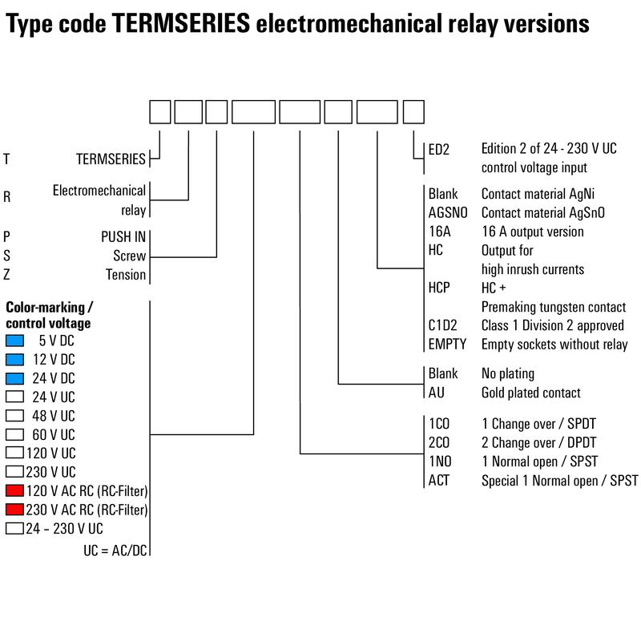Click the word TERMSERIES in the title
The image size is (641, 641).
pos(181,23)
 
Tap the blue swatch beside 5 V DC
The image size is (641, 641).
pos(14,341)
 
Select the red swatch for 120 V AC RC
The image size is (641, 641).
pos(14,490)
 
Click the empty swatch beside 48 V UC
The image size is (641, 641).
pos(14,415)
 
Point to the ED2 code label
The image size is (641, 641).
pos(438,149)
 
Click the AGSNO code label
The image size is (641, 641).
pos(448,212)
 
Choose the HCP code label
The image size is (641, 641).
pos(438,288)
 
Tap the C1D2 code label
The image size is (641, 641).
pos(442,325)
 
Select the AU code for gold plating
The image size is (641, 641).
pos(436,393)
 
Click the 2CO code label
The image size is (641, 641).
pos(438,442)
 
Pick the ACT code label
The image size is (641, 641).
pos(438,480)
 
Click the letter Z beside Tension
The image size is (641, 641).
pos(6,274)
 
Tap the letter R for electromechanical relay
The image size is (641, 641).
pos(6,197)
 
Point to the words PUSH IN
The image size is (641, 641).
pos(123,236)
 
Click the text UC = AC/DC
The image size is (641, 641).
pos(115,550)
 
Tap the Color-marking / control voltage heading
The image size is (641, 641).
pos(48,315)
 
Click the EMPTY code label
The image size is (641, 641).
pos(447,345)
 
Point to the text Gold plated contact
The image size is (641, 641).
pos(530,393)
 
